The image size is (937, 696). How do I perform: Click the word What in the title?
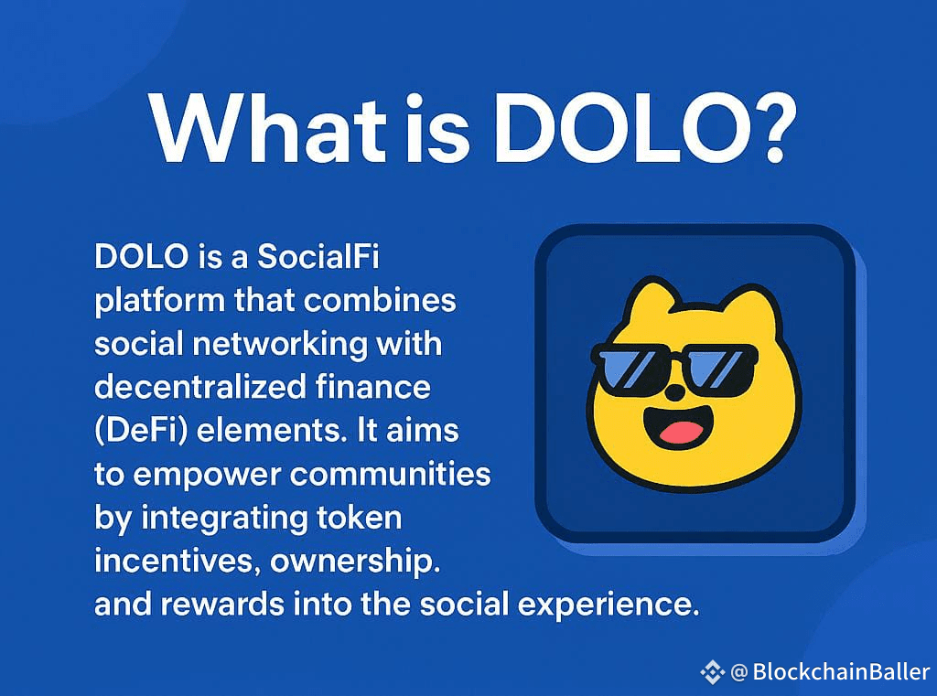tap(268, 128)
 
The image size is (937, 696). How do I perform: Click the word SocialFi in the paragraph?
tap(318, 257)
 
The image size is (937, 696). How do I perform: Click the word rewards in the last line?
tap(222, 604)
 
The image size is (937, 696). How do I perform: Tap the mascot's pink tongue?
tap(681, 432)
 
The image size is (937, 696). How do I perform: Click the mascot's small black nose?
tap(675, 393)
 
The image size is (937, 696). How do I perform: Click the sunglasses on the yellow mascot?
tap(674, 369)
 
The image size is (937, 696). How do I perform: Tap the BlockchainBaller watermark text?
tap(841, 671)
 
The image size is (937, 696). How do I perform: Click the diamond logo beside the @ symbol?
tap(712, 672)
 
